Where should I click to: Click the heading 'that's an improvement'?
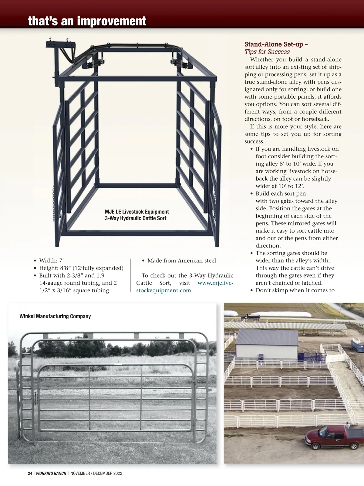[x=87, y=21]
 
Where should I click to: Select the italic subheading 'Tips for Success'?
[x=267, y=52]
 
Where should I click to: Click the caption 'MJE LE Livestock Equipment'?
[x=137, y=212]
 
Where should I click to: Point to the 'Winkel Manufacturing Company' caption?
[x=55, y=316]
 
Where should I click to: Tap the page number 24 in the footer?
[x=30, y=473]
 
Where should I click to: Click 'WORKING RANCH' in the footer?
[x=51, y=473]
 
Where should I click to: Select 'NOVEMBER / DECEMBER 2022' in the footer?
[x=96, y=473]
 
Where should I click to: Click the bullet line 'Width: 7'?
[x=51, y=261]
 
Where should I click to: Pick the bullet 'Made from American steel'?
[x=181, y=261]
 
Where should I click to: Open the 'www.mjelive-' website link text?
[x=215, y=283]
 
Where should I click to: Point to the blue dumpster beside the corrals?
[x=357, y=346]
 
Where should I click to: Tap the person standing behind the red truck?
[x=348, y=425]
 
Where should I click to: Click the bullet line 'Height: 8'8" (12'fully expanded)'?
[x=81, y=268]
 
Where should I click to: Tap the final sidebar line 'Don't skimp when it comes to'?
[x=295, y=290]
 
